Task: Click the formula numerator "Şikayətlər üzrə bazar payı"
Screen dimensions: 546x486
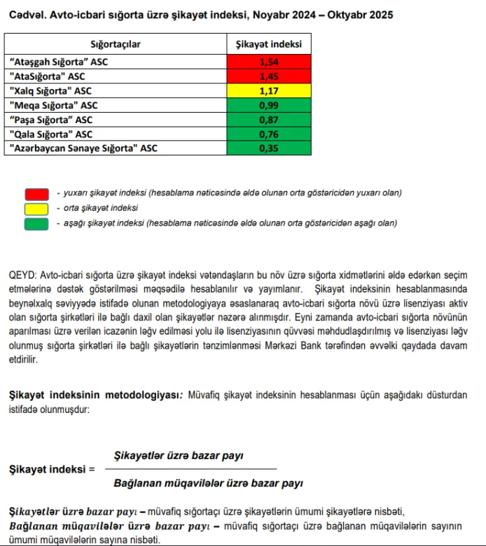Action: pyautogui.click(x=179, y=456)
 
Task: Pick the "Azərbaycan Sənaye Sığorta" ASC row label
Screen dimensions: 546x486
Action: pyautogui.click(x=83, y=148)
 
